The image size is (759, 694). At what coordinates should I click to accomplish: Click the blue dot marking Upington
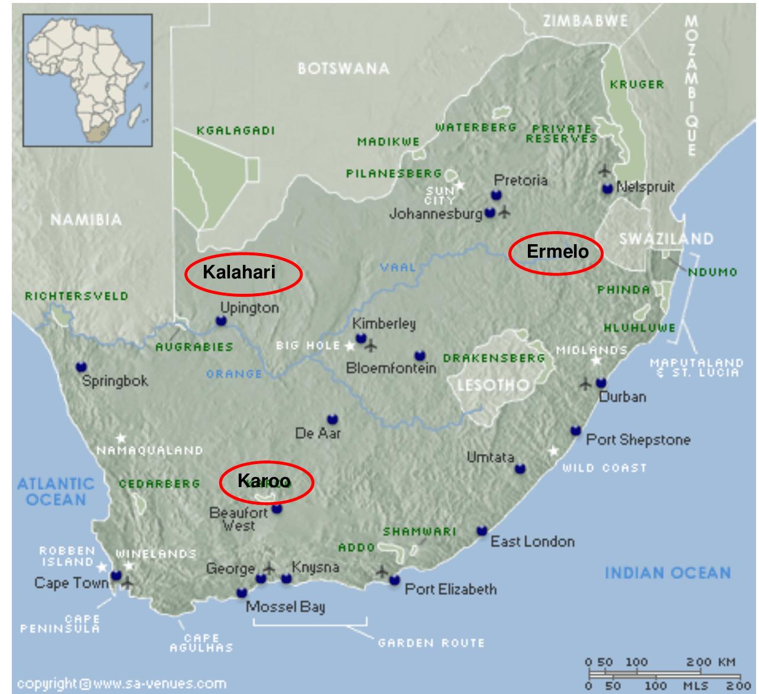tap(221, 321)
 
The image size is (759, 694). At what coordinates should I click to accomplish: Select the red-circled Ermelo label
tap(556, 252)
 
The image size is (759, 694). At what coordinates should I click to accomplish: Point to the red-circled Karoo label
tap(266, 482)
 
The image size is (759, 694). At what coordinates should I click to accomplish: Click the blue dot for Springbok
tap(82, 367)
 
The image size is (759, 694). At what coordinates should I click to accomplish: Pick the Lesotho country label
tap(494, 385)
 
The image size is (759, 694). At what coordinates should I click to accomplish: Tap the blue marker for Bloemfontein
tap(420, 356)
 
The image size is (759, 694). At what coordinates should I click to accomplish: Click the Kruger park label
tap(637, 85)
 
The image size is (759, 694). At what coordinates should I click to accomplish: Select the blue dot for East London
tap(482, 530)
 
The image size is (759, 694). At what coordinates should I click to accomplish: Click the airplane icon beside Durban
tap(585, 384)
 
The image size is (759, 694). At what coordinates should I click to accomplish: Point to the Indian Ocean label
tap(667, 572)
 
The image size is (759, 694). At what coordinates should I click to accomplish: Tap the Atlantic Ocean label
tap(56, 492)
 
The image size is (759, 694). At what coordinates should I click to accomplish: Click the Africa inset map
tap(87, 80)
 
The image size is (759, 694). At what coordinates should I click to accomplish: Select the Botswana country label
tap(343, 69)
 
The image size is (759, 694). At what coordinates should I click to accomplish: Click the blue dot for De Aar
tap(332, 420)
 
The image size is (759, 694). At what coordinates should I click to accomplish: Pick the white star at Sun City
tap(460, 186)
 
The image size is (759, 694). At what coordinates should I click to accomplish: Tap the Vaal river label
tap(398, 268)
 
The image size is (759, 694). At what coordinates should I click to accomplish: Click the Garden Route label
tap(431, 643)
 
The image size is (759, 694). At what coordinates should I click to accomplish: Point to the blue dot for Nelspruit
tap(607, 189)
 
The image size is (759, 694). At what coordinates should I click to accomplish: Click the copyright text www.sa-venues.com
tap(121, 684)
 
